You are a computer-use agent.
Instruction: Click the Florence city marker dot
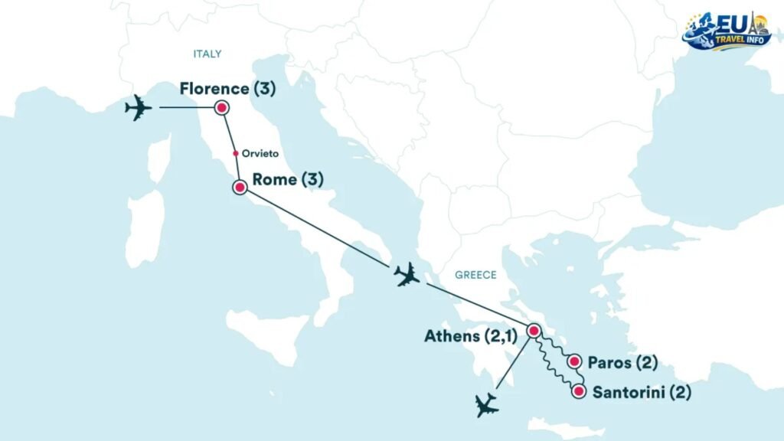click(222, 108)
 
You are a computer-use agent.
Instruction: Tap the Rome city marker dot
click(240, 187)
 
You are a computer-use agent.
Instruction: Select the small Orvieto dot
click(236, 153)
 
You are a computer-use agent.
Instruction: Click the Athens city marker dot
click(534, 331)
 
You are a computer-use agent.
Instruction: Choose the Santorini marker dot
click(579, 393)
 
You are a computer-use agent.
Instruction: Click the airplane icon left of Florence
click(139, 108)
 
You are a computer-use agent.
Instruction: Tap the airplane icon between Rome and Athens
click(406, 274)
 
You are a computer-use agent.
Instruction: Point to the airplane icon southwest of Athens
click(485, 404)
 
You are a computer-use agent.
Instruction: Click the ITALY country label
click(207, 54)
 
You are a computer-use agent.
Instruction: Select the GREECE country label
click(475, 276)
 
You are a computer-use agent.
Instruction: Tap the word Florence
click(214, 89)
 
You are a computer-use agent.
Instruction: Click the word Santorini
click(629, 394)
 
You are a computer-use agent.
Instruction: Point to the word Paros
click(611, 361)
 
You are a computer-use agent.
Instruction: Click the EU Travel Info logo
click(727, 31)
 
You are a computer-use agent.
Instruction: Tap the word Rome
click(274, 180)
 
